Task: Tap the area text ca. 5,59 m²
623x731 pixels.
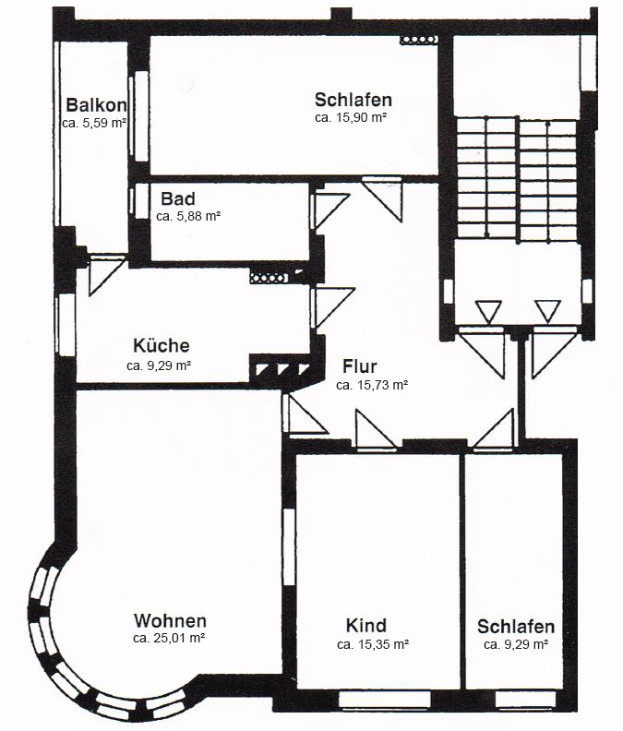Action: [95, 122]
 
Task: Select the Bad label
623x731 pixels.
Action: [177, 198]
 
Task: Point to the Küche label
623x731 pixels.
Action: [162, 346]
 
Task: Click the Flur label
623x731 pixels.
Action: [360, 365]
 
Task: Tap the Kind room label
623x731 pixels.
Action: [365, 626]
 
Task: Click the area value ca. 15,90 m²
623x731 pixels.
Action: [351, 118]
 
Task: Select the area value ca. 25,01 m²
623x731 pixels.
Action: [169, 637]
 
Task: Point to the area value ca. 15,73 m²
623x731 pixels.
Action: [372, 385]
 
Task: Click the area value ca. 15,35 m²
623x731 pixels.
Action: [373, 644]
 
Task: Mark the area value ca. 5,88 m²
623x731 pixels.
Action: [187, 216]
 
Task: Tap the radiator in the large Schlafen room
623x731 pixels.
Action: [415, 41]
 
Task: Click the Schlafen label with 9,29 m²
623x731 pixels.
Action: [516, 626]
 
